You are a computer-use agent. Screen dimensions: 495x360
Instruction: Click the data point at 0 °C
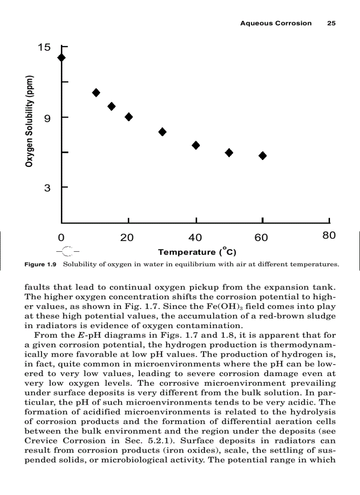(x=61, y=57)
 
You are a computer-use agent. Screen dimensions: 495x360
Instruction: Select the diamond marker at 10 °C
(x=96, y=93)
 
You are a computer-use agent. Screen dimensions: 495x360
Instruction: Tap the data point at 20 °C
(x=129, y=117)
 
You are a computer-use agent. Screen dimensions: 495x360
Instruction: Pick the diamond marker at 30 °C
(x=162, y=132)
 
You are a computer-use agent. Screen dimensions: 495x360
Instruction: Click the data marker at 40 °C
(x=196, y=145)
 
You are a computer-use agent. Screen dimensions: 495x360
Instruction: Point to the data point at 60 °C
(x=262, y=156)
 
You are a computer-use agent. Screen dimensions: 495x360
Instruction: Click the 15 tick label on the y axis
(x=45, y=47)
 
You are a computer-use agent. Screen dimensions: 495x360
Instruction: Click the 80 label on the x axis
(x=329, y=235)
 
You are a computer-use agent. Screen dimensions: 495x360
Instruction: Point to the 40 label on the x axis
(x=195, y=238)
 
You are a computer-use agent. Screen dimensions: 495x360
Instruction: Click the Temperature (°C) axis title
(x=197, y=252)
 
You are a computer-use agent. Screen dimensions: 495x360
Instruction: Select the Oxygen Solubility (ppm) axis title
(x=29, y=122)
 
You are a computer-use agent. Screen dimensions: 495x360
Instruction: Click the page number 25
(x=331, y=23)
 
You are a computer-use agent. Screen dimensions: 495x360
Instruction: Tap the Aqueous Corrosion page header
(x=276, y=23)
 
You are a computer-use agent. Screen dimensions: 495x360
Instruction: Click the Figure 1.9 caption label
(x=41, y=265)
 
